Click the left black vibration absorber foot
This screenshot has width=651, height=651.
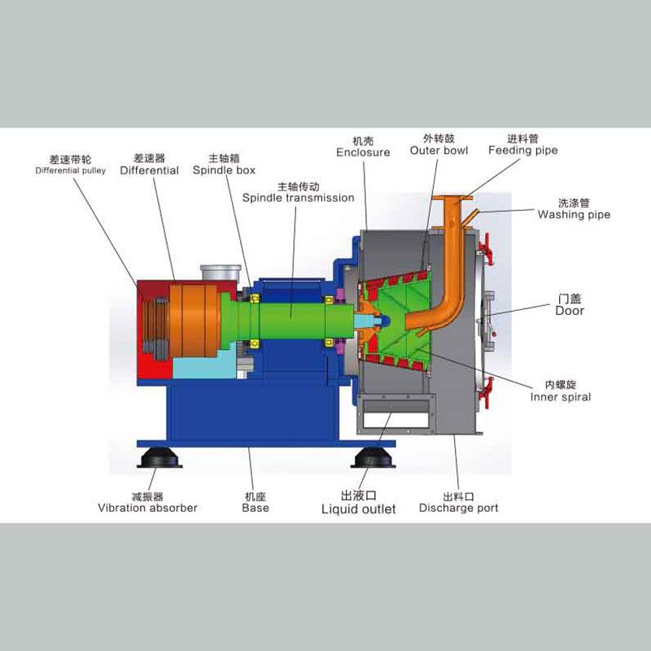coord(159,457)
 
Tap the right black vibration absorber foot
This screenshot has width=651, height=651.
coord(374,457)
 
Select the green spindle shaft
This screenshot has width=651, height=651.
coord(291,321)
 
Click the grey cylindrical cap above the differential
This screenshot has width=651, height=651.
coord(221,273)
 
